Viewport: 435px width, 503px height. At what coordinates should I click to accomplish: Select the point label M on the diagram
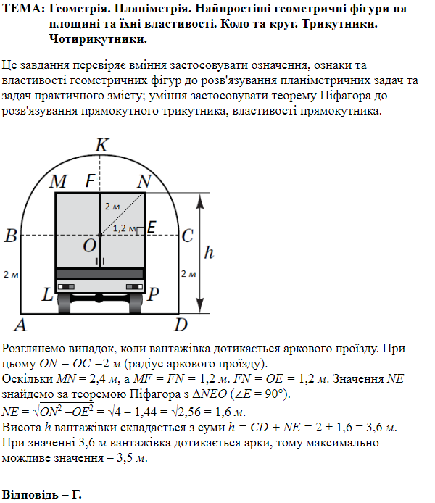(59, 182)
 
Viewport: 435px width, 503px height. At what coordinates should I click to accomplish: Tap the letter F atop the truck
(91, 181)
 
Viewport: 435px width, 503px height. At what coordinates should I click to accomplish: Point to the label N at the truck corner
(144, 181)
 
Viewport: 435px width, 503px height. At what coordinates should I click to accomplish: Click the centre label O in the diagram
(89, 246)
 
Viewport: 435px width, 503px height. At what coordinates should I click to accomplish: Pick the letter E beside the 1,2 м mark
(152, 227)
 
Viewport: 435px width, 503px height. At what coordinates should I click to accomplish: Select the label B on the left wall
(10, 236)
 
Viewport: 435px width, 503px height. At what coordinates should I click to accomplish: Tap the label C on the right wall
(187, 236)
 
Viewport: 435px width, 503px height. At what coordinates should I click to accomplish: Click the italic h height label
(210, 253)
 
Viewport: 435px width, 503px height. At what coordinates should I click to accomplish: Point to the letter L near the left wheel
(47, 296)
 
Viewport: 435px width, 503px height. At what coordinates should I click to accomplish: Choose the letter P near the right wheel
(154, 296)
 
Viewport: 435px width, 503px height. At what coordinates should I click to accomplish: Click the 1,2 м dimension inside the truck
(125, 228)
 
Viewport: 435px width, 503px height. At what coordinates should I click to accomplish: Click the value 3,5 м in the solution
(133, 457)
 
